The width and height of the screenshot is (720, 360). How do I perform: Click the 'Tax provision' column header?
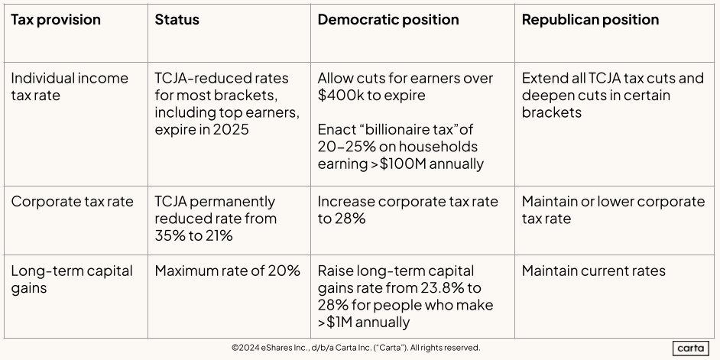[56, 20]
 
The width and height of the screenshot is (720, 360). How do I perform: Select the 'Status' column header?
[177, 20]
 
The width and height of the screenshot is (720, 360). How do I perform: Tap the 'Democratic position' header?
[388, 20]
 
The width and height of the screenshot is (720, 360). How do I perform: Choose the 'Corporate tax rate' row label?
[72, 202]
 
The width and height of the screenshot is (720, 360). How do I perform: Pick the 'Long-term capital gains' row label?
[72, 279]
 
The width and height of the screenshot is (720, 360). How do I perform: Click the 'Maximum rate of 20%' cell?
[227, 271]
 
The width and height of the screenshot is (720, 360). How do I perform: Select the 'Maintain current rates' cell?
[594, 271]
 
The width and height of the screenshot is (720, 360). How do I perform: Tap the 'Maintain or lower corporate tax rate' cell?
[613, 210]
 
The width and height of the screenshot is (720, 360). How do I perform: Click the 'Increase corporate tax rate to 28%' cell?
[407, 210]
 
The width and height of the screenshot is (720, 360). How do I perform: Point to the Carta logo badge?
[691, 348]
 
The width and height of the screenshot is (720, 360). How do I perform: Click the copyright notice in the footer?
[356, 348]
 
